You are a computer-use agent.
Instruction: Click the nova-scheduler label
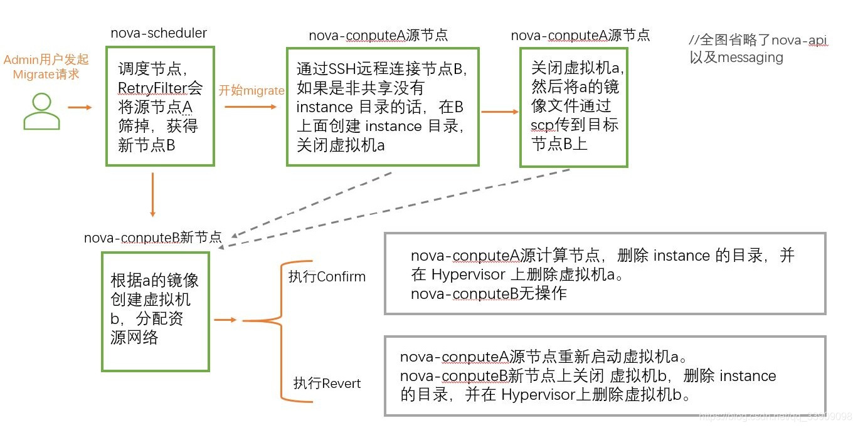coord(159,33)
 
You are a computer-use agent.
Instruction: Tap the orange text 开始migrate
coord(251,90)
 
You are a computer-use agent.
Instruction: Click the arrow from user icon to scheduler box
coord(80,107)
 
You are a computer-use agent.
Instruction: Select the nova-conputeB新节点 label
coord(153,238)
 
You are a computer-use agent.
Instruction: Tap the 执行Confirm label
coord(326,276)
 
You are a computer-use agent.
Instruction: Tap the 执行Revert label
coord(327,383)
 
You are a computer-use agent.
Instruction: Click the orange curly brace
coord(263,321)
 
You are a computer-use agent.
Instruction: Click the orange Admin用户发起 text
coord(46,60)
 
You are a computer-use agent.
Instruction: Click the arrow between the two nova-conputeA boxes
coord(500,112)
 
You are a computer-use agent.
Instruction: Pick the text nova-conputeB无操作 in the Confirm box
coord(489,293)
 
